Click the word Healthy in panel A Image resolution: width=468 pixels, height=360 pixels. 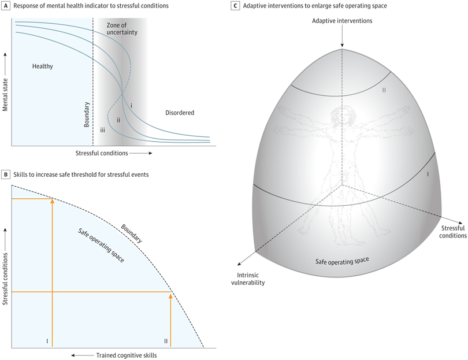click(x=42, y=66)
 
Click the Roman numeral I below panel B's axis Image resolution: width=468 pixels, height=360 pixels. click(x=47, y=341)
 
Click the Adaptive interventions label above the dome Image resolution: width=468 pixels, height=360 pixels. click(x=342, y=21)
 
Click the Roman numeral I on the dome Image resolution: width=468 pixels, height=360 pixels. click(x=427, y=173)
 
